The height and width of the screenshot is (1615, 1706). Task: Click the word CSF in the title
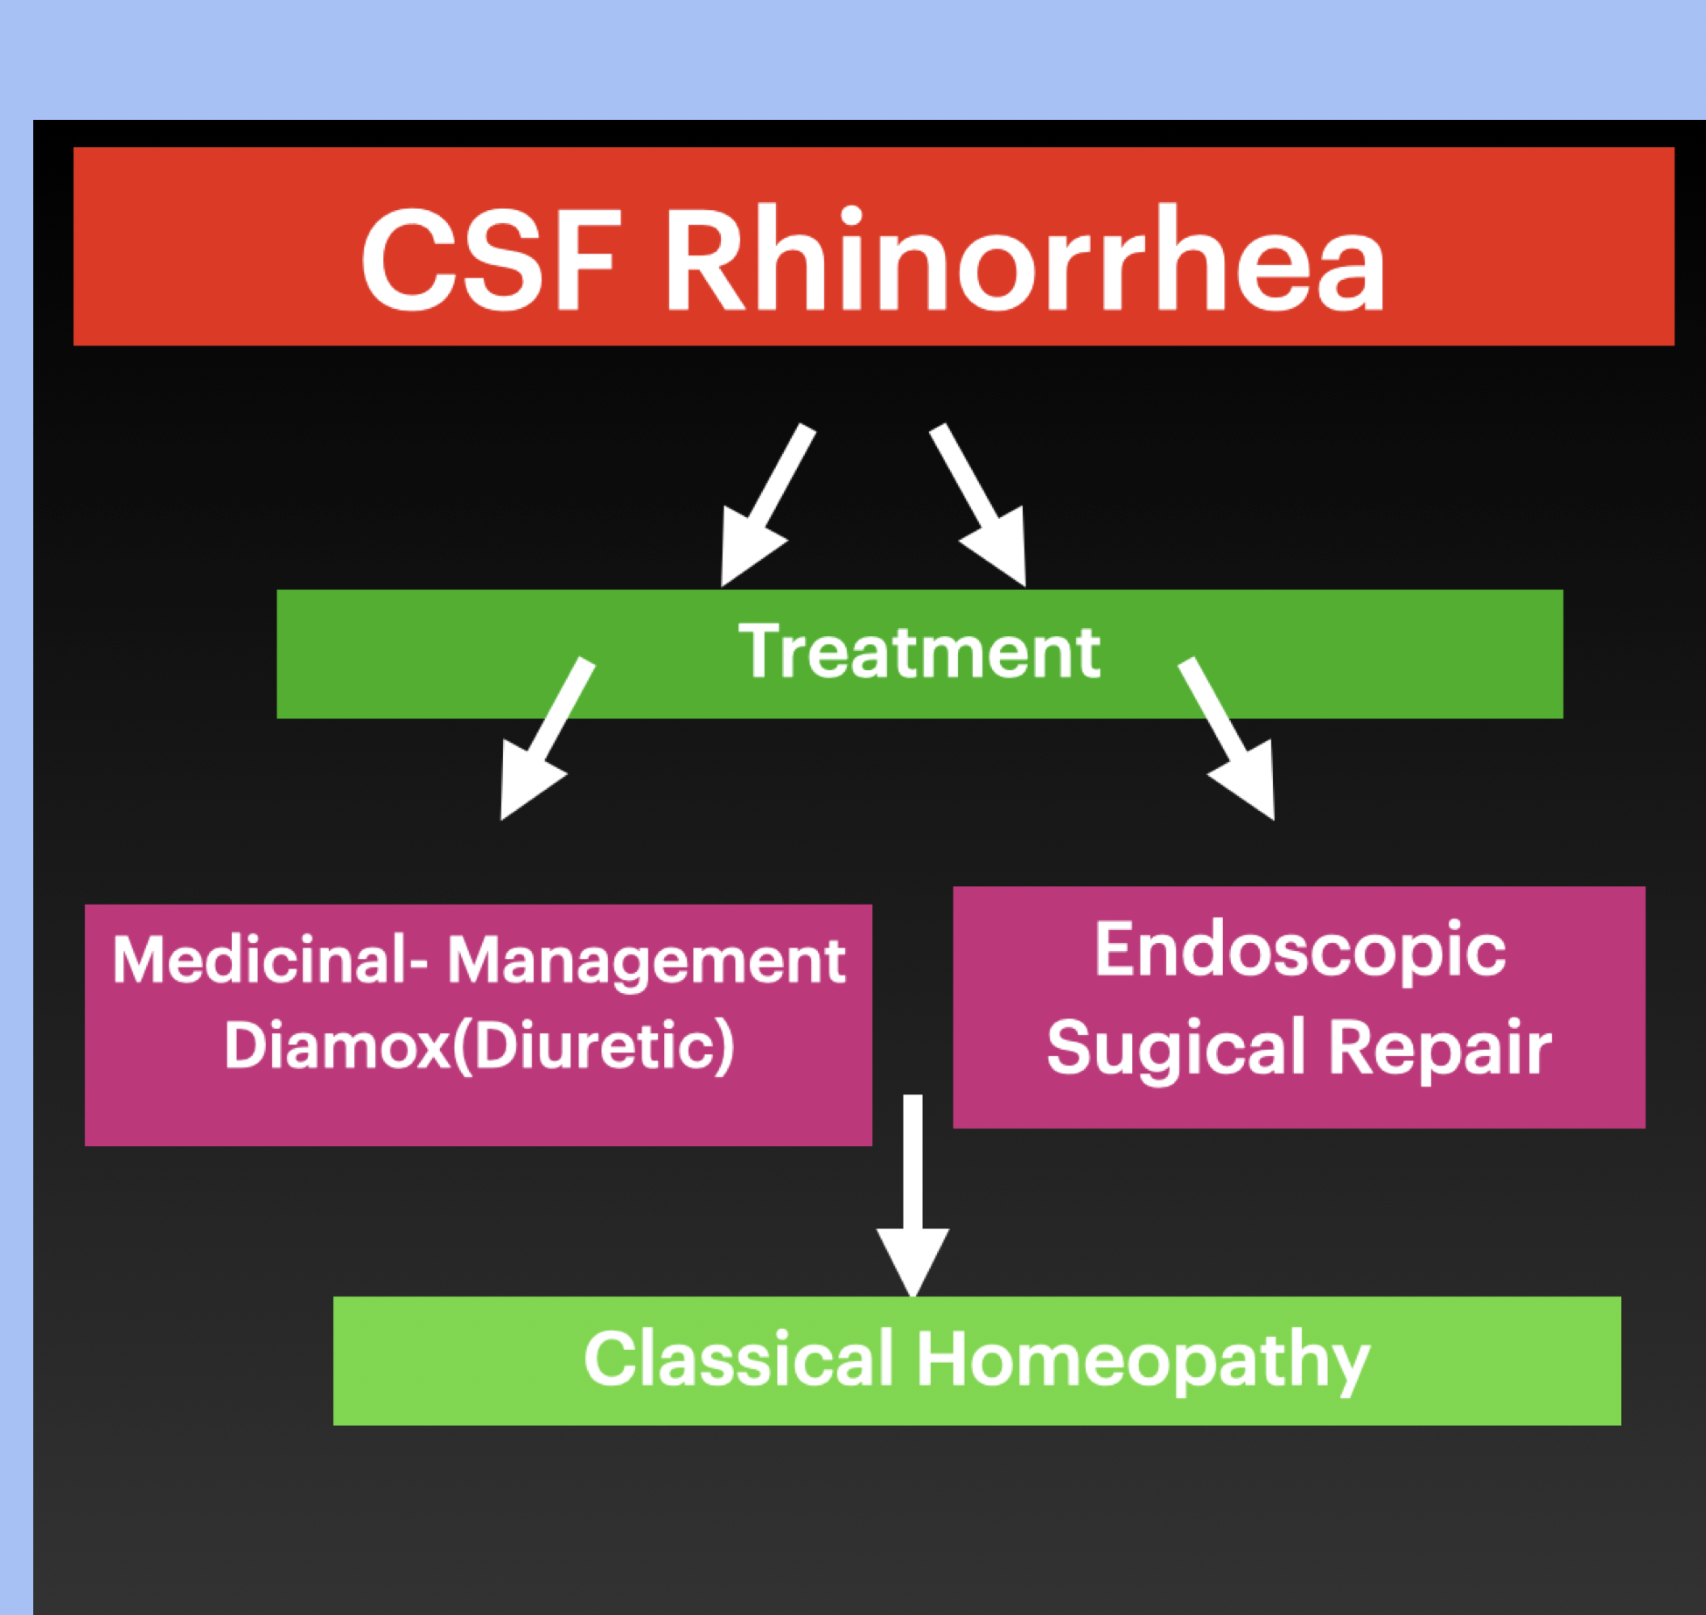tap(491, 260)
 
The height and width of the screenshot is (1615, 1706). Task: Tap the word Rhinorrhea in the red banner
tap(1024, 260)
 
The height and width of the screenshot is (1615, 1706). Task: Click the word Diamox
tap(337, 1045)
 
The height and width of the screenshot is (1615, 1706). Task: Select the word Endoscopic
tap(1300, 952)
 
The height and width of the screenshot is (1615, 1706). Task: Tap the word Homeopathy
tap(1143, 1361)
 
